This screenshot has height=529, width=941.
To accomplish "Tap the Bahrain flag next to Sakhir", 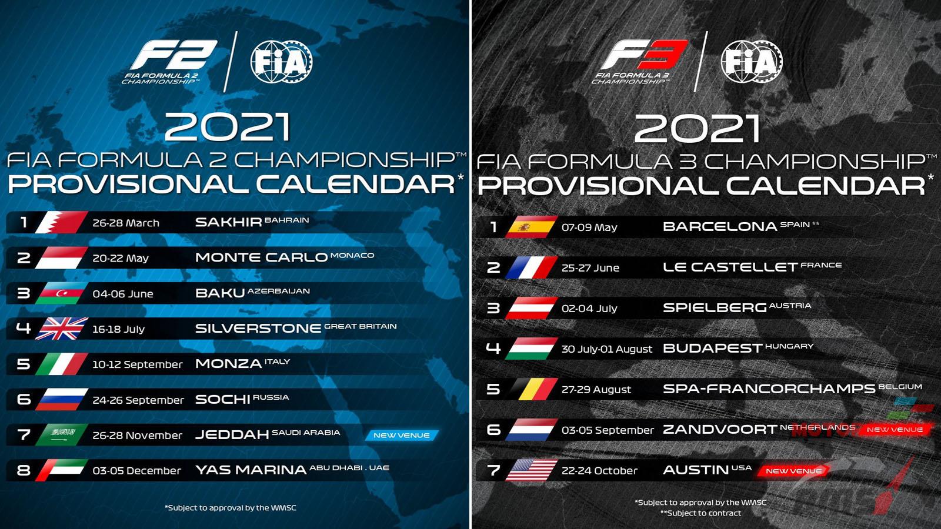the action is pos(61,222).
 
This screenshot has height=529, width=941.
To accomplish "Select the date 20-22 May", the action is pos(121,258).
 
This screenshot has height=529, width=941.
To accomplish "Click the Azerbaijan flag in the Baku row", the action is pos(61,293).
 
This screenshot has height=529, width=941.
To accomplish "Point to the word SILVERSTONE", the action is pos(258,329).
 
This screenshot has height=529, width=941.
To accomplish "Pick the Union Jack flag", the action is pos(61,329).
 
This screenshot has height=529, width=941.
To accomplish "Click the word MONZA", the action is pos(229,364).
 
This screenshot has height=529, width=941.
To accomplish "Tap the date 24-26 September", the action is pos(138,400).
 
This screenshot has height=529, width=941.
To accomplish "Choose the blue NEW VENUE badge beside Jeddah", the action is pos(402,436).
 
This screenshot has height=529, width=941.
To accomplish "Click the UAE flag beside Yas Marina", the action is pos(61,470).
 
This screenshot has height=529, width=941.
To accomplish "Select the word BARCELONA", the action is pos(720,227).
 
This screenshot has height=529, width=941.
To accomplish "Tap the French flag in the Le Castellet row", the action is pos(532,267).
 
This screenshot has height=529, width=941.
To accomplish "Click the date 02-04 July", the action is pos(589,309).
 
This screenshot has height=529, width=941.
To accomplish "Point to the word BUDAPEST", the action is pos(712,349).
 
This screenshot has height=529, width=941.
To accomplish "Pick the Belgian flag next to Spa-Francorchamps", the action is pos(532,389).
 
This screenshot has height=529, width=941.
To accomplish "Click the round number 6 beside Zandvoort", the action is pos(493,430).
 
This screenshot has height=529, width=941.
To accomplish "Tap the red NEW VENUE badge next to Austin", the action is pos(793,471).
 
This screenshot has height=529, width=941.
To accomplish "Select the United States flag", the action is pos(532,470).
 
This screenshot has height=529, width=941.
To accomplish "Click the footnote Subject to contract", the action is pos(700,513).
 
